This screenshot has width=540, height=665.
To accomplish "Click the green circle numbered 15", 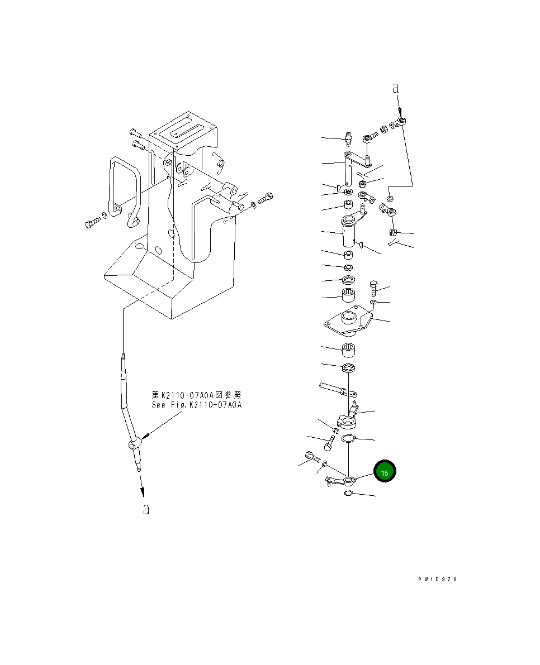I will click(x=385, y=472).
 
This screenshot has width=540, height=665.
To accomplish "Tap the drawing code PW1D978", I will click(x=438, y=580).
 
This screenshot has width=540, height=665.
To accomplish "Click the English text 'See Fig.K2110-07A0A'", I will click(x=196, y=405).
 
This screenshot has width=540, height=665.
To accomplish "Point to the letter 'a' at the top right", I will click(x=395, y=88).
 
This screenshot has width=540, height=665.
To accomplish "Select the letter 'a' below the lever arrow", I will click(x=146, y=509).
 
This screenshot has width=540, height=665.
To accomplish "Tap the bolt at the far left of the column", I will click(x=92, y=224).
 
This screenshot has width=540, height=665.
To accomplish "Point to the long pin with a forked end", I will click(x=336, y=389).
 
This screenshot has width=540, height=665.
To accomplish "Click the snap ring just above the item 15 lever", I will click(x=348, y=439).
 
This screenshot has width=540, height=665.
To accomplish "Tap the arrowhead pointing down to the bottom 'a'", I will click(x=143, y=491).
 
